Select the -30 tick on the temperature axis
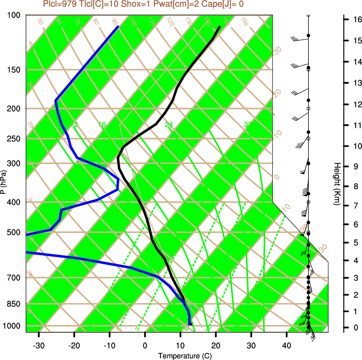[39, 346]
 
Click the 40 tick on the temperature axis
[286, 346]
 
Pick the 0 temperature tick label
[145, 346]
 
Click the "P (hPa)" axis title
[3, 182]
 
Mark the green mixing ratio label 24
[169, 125]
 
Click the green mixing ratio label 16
[102, 125]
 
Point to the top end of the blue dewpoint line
[118, 27]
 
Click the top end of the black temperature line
[219, 27]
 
